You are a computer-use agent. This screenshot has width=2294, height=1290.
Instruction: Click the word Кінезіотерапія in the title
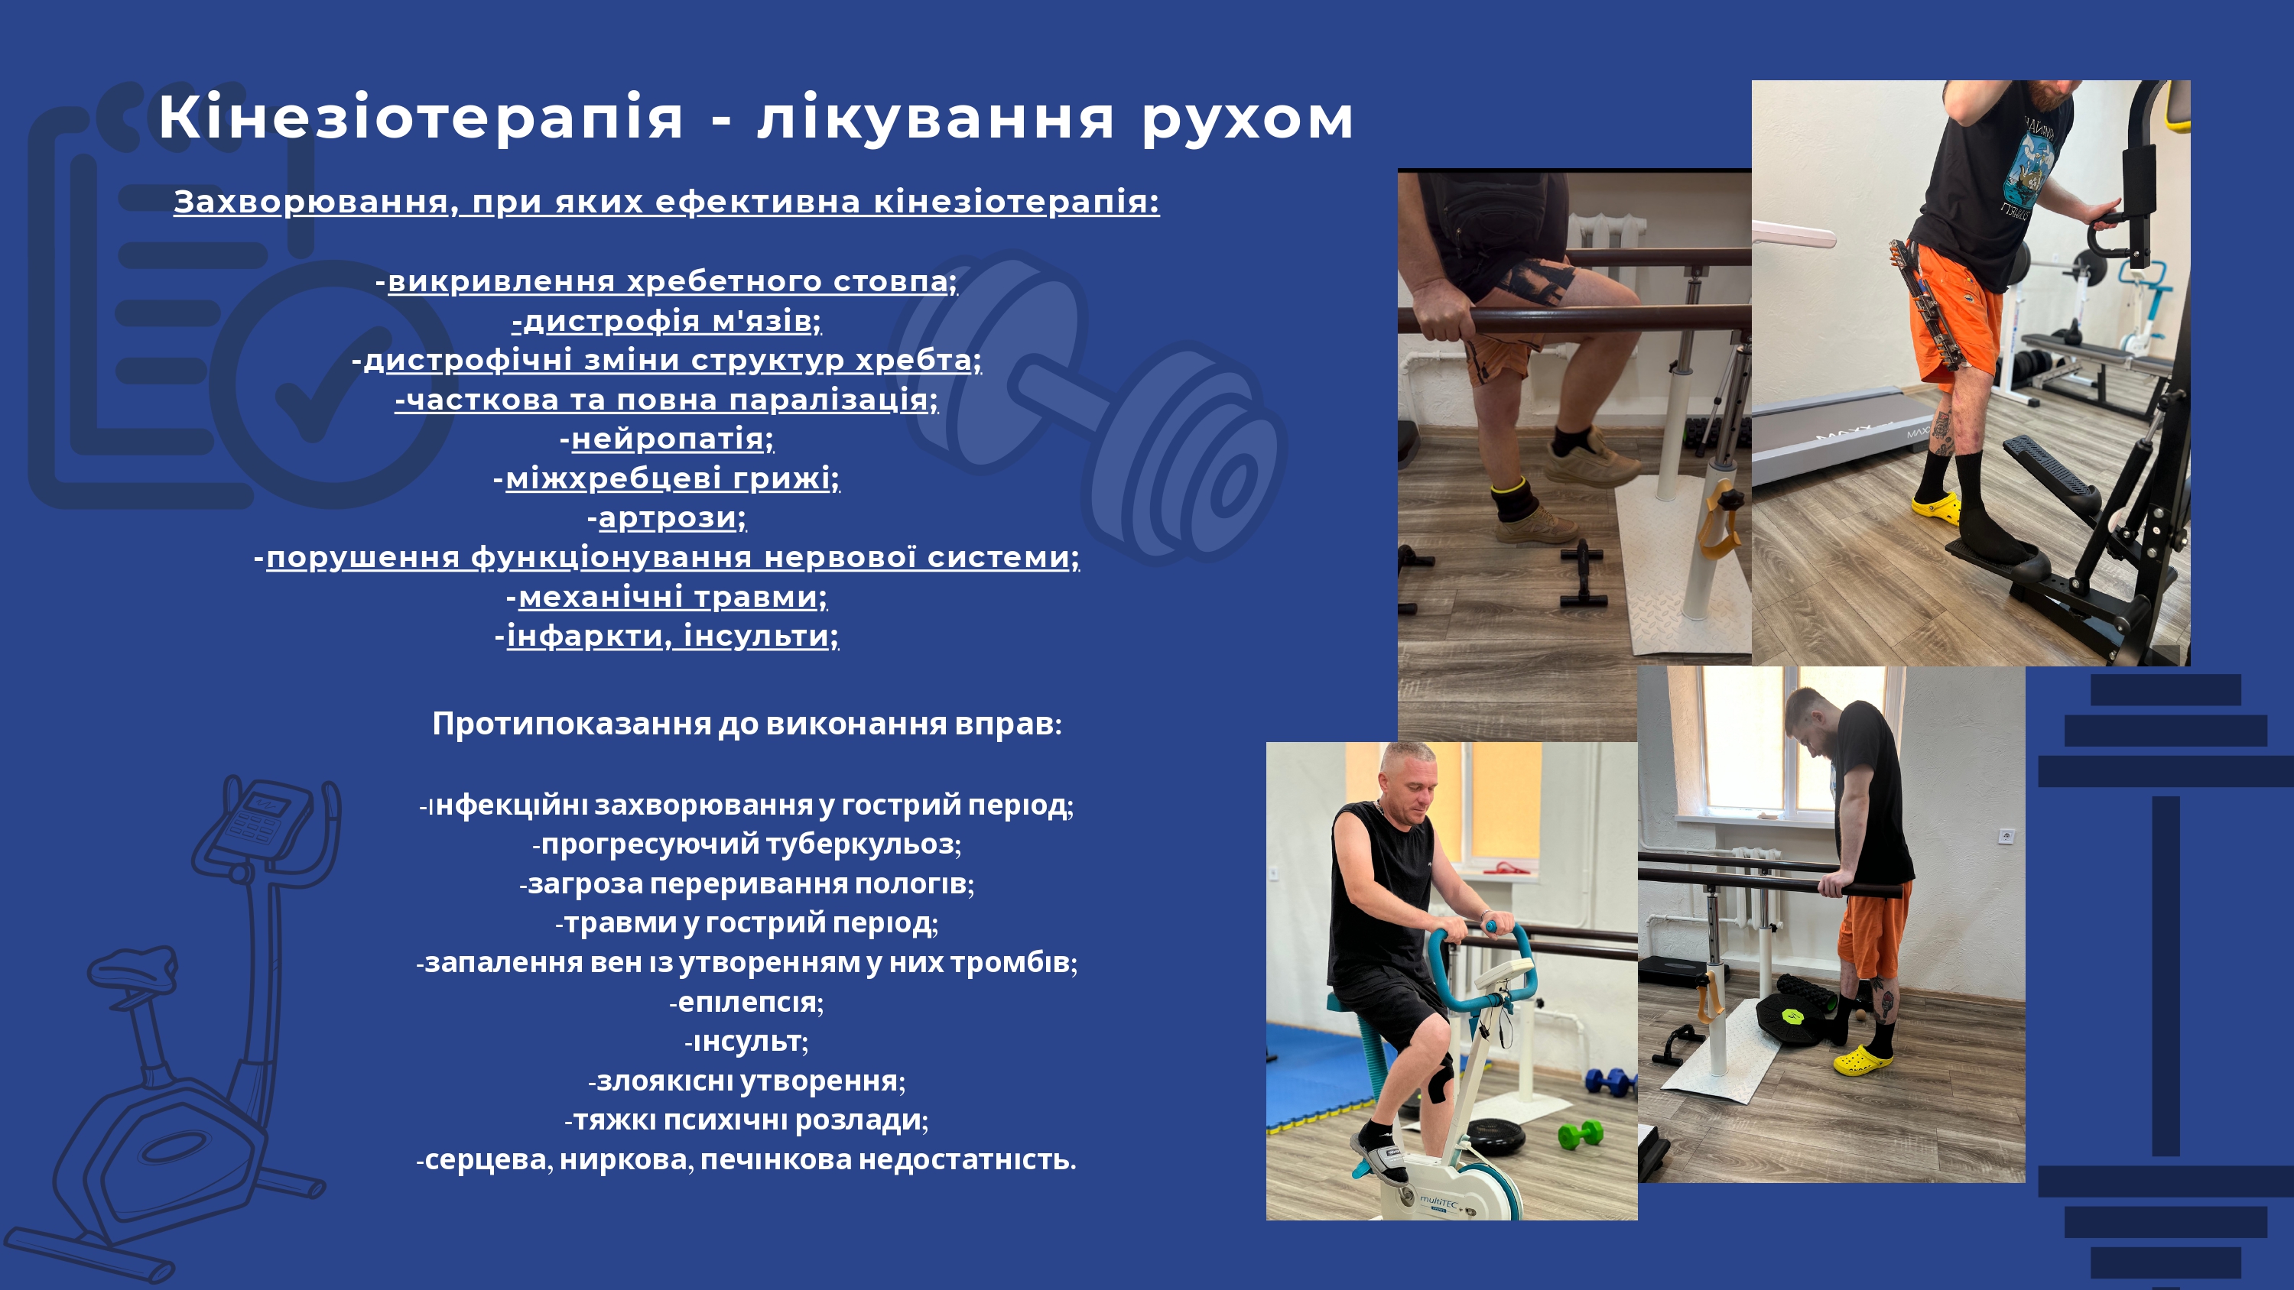coord(421,118)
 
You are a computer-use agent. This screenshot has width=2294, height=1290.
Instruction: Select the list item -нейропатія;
coord(667,439)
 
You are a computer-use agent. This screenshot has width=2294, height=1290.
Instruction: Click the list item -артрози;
coord(667,517)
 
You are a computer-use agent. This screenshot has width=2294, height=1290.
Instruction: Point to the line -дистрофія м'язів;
coord(667,320)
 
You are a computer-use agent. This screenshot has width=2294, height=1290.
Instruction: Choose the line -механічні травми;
coord(667,597)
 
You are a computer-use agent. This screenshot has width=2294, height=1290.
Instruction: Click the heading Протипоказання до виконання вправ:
coord(747,724)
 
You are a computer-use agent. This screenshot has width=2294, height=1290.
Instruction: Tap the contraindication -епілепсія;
coord(746,1003)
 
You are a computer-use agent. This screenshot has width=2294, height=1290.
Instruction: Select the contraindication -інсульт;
coord(746,1042)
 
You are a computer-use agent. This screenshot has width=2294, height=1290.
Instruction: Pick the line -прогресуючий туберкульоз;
coord(746,844)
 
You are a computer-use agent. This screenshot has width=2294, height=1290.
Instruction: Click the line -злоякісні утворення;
coord(746,1081)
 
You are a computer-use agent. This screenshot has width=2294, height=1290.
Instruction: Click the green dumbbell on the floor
coord(1581,1134)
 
